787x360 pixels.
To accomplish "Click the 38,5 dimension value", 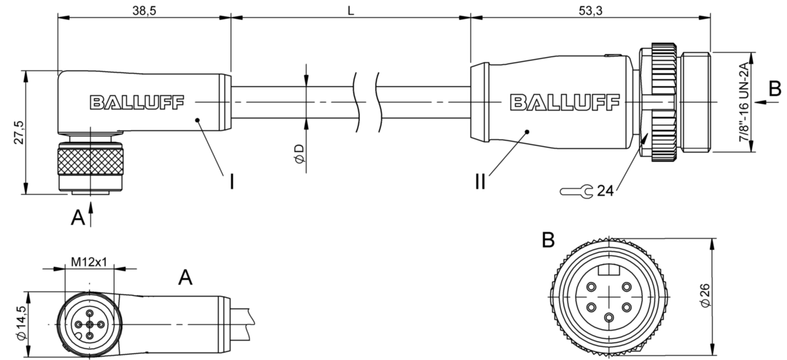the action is click(x=144, y=11).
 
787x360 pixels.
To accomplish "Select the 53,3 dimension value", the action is click(x=590, y=11).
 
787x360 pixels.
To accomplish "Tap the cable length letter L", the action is click(x=351, y=11).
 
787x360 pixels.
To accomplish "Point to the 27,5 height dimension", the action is click(x=19, y=132).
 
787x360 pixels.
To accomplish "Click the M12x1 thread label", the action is click(x=89, y=262).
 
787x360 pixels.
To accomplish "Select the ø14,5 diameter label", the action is click(x=22, y=323).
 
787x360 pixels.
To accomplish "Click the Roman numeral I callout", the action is click(x=232, y=182).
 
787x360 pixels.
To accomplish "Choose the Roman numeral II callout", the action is click(x=480, y=182).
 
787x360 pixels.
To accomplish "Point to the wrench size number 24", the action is click(x=605, y=191).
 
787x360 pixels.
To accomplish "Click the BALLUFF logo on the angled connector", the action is click(x=137, y=102).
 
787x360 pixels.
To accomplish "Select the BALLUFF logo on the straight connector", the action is click(x=565, y=102).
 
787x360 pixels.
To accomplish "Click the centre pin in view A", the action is click(x=90, y=324).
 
